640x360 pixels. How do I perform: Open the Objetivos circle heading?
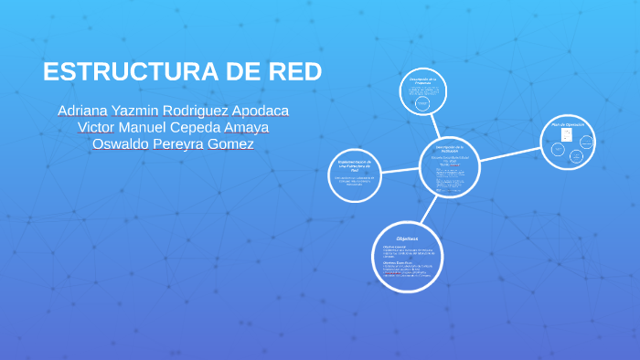[407, 238]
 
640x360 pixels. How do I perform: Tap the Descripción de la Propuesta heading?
[423, 81]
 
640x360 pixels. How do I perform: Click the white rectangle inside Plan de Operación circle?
[566, 137]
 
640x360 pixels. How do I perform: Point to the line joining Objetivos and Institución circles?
[428, 209]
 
